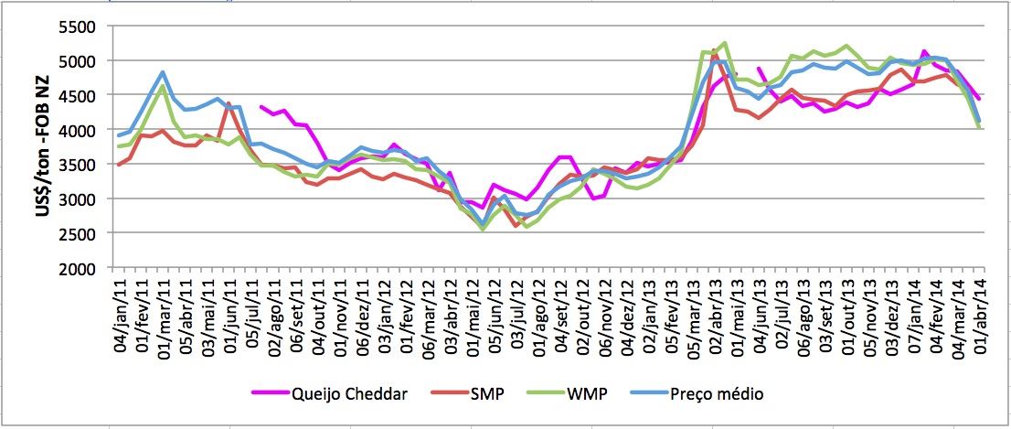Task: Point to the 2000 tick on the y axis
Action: click(x=79, y=268)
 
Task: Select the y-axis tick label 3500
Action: click(x=79, y=165)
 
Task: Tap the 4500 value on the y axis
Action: click(x=79, y=96)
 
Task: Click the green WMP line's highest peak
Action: click(x=724, y=42)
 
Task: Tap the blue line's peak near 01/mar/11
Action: click(x=163, y=71)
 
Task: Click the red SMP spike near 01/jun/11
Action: click(x=229, y=102)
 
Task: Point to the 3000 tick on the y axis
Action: click(x=79, y=199)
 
